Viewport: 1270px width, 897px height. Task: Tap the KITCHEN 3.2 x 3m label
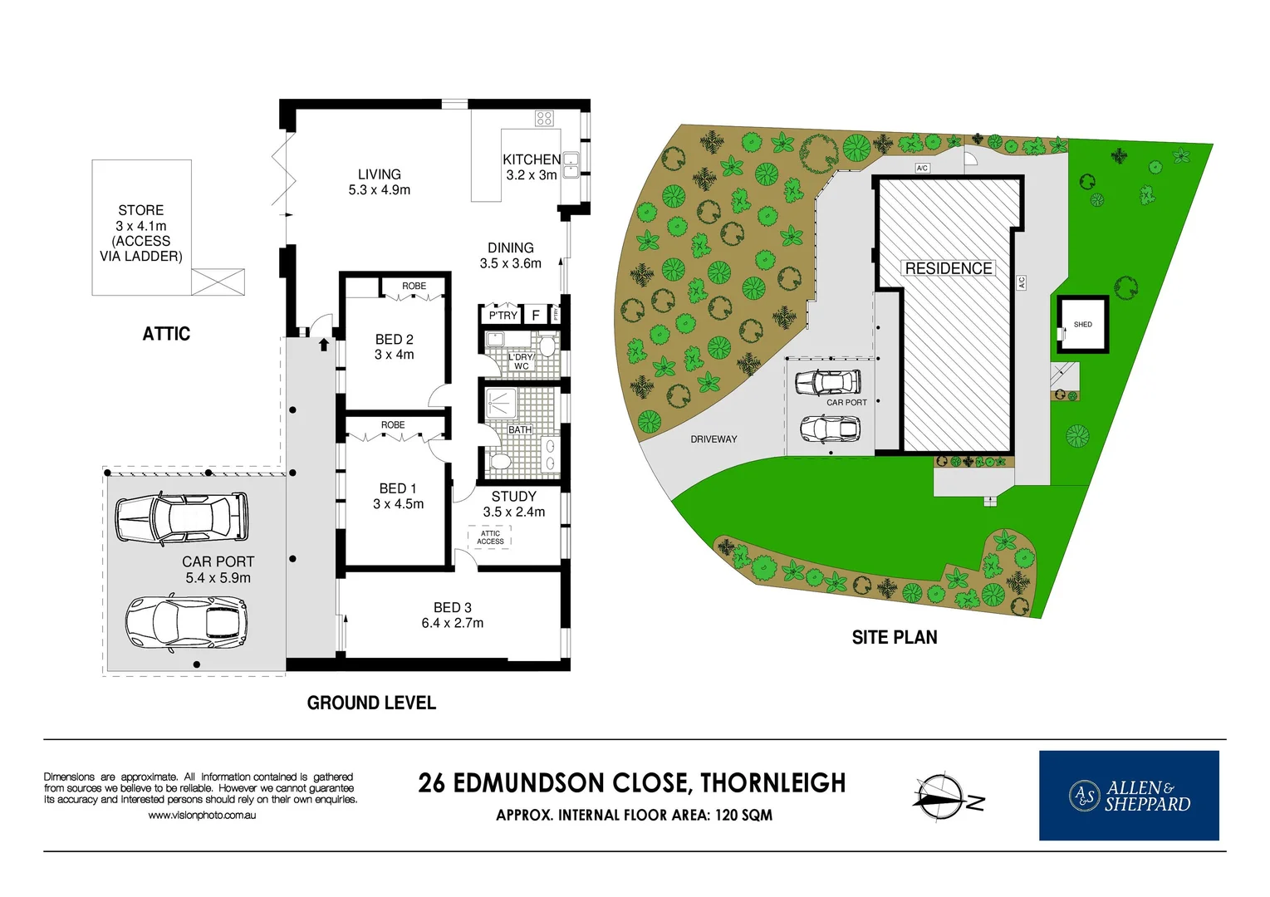pos(532,167)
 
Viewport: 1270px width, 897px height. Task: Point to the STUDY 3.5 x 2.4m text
pos(514,504)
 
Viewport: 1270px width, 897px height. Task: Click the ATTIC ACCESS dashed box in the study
pos(490,537)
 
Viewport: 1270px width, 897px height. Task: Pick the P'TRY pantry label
pos(503,316)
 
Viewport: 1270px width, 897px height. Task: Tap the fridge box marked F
pos(536,316)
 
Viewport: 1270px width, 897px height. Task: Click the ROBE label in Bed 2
pos(414,286)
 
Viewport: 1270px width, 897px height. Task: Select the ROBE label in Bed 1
pos(393,424)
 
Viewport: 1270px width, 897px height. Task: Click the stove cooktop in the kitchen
pos(544,118)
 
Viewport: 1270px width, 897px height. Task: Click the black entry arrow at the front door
pos(324,344)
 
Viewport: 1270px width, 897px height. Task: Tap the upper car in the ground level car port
pos(181,517)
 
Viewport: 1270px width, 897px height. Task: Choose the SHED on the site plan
pos(1082,325)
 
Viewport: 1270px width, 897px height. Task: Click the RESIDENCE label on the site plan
pos(948,268)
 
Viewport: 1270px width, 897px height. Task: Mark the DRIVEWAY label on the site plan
pos(713,439)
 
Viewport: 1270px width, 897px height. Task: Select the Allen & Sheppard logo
pos(1129,796)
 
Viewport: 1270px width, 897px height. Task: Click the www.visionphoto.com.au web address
pos(202,816)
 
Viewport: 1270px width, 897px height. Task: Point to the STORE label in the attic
pos(141,210)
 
